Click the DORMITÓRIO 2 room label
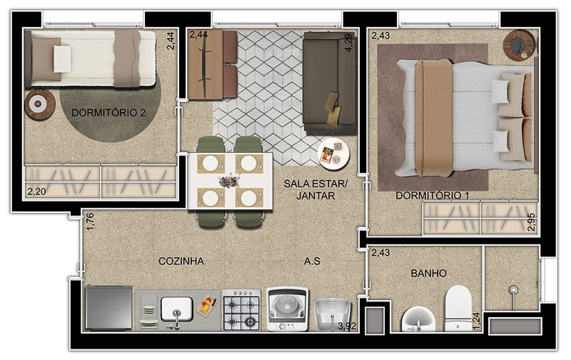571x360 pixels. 108,113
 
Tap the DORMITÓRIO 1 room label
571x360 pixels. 433,196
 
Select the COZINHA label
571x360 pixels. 181,261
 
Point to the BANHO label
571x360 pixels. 429,274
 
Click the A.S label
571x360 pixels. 312,261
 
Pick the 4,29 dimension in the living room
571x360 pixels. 348,43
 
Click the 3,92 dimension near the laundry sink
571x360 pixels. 347,326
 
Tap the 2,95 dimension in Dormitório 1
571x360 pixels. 531,222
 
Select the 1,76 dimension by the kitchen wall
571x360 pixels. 91,222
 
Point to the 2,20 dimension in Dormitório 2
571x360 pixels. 36,191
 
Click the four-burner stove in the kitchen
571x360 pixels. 241,311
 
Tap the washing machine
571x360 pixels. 288,309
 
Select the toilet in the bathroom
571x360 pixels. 458,309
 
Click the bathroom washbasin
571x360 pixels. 418,320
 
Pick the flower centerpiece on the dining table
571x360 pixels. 229,181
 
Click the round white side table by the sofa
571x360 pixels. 333,154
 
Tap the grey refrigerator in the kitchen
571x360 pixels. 108,308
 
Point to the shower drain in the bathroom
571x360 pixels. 513,290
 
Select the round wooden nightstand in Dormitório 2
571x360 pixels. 40,104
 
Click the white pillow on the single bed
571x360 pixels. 63,59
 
